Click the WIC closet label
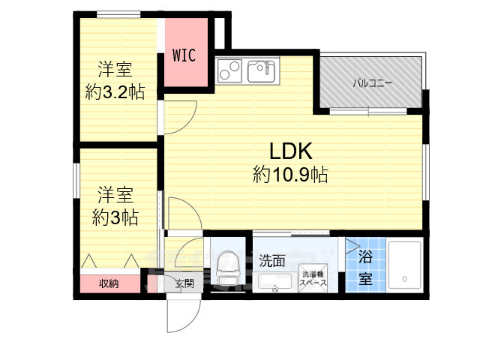point(185,55)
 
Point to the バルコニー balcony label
point(373,84)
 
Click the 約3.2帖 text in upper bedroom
point(115,92)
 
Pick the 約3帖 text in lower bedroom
point(115,217)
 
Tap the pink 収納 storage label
point(109,283)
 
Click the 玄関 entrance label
point(184,283)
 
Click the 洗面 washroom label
point(272,261)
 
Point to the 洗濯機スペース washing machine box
point(311,279)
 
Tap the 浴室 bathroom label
point(365,268)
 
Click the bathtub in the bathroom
point(405,265)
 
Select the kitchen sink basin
point(261,72)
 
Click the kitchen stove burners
point(229,71)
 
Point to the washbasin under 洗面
point(274,282)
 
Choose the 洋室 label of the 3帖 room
point(115,196)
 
